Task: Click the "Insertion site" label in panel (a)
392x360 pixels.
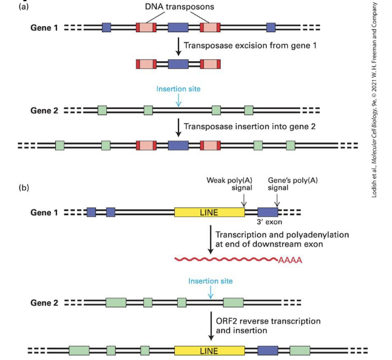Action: click(178, 89)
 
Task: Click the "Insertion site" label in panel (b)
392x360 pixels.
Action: click(211, 281)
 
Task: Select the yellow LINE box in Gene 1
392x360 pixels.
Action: click(209, 212)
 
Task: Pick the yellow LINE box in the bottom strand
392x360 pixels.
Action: click(209, 350)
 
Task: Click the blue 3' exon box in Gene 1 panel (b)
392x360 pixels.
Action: click(268, 212)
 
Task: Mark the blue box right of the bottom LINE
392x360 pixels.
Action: click(268, 350)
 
